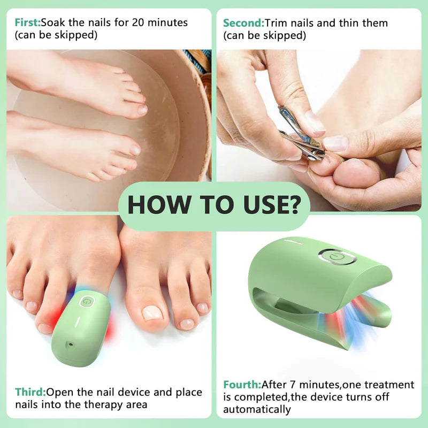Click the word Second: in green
tap(243, 23)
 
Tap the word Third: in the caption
tap(30, 392)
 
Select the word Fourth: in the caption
tap(242, 385)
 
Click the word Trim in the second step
tap(277, 23)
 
